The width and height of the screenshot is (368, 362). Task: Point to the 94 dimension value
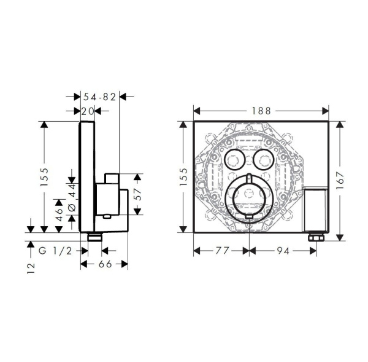coord(282,251)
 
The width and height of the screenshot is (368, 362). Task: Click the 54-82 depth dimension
coord(100,96)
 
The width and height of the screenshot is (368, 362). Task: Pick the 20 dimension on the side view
coord(88,111)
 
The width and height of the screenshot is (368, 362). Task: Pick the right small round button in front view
coord(264,161)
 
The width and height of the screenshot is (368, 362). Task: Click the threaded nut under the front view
coord(315,237)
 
